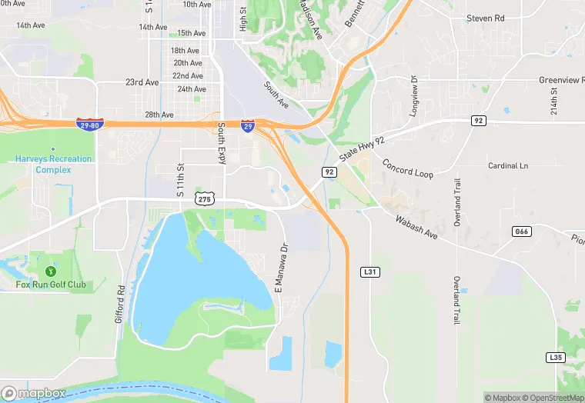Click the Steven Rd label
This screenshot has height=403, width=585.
coord(485,18)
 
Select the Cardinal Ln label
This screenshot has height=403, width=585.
coord(508,165)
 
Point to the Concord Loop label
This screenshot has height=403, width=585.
coord(408,169)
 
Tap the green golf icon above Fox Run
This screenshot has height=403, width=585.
coord(51,271)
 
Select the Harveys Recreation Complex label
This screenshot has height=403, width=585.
coord(53,164)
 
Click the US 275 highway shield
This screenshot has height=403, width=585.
coord(204,198)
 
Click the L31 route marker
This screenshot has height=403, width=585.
coord(369,272)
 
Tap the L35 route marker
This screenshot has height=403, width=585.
coord(555,358)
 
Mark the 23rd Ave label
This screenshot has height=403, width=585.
coord(142,82)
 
